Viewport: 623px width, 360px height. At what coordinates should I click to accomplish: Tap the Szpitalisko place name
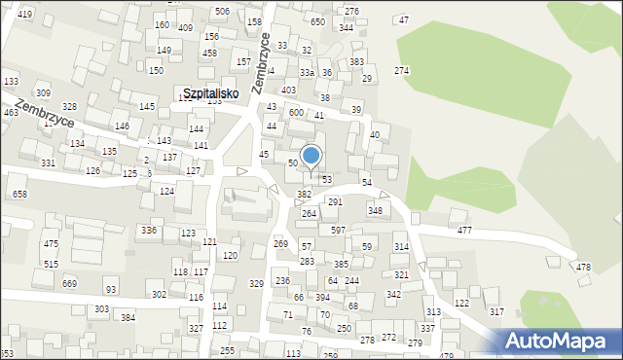pos(211,93)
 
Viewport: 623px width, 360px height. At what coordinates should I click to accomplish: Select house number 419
pos(24,14)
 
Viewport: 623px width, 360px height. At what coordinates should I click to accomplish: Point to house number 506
pos(222,12)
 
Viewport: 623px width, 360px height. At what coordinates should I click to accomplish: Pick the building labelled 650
pos(317,21)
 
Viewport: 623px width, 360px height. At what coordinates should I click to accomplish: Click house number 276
pos(351,12)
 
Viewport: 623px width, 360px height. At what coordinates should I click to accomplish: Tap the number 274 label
pos(401,71)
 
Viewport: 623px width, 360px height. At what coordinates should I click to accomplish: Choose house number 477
pos(464,231)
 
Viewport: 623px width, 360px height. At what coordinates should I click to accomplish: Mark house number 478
pos(583,268)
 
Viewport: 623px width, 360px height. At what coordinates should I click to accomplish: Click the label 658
pos(19,195)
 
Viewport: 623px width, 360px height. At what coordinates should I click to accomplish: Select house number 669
pos(69,283)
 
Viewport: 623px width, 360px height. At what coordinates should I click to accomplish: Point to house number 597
pos(338,231)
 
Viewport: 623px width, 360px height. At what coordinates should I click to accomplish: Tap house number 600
pos(296,113)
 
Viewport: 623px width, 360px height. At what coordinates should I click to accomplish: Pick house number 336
pos(149,231)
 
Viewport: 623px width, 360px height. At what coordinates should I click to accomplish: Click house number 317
pos(496,311)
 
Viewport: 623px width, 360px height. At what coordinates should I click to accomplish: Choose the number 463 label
pos(11,113)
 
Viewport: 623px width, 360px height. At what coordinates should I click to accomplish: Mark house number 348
pos(375,210)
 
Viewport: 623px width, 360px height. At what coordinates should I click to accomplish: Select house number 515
pos(52,264)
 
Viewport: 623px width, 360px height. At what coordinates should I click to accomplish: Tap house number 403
pos(289,90)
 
